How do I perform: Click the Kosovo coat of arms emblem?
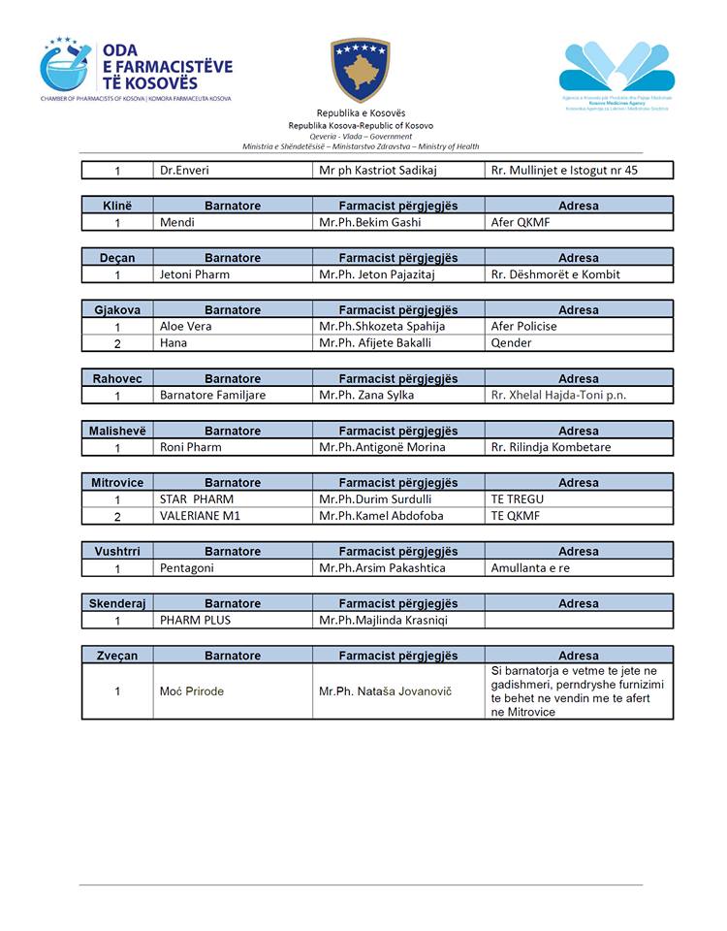pyautogui.click(x=361, y=70)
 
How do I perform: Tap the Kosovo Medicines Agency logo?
pyautogui.click(x=617, y=76)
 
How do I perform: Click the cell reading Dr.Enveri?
pyautogui.click(x=184, y=171)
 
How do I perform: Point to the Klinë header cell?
pyautogui.click(x=117, y=206)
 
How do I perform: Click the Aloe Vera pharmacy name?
pyautogui.click(x=185, y=327)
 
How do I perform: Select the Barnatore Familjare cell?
pyautogui.click(x=212, y=395)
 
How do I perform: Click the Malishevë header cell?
pyautogui.click(x=117, y=431)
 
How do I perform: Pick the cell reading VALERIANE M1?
pyautogui.click(x=200, y=516)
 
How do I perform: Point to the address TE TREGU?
pyautogui.click(x=518, y=499)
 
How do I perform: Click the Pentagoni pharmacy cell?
pyautogui.click(x=187, y=567)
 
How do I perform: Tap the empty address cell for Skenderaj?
pyautogui.click(x=579, y=620)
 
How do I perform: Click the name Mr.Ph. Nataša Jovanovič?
pyautogui.click(x=385, y=691)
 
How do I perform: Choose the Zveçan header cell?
pyautogui.click(x=117, y=656)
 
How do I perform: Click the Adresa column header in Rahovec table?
pyautogui.click(x=579, y=378)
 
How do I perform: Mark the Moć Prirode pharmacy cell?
pyautogui.click(x=191, y=691)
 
